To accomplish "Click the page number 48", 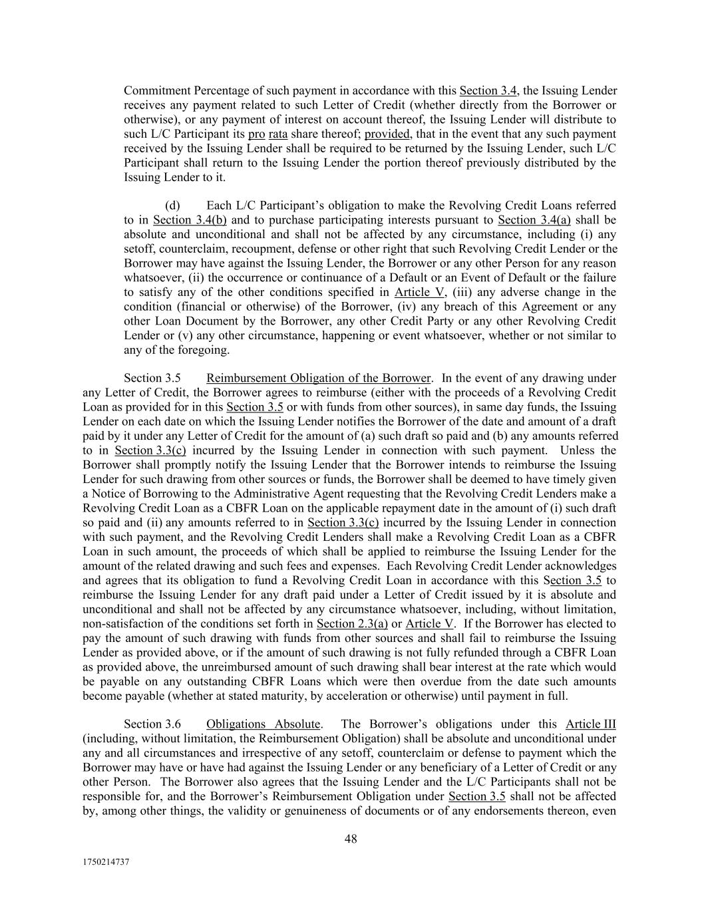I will tap(351, 839).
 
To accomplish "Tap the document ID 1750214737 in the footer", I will tap(106, 861).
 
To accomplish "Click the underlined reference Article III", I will tap(590, 724).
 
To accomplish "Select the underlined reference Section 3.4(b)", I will tap(190, 220).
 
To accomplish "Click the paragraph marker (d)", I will tap(172, 205).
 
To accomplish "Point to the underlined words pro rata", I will tap(267, 133).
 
